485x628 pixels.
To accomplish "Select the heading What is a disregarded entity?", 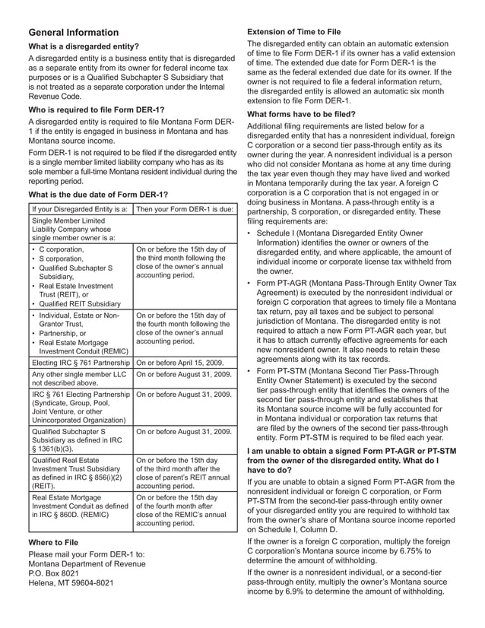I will point(84,47).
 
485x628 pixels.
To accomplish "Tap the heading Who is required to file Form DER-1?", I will point(99,109).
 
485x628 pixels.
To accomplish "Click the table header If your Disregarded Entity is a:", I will point(79,208).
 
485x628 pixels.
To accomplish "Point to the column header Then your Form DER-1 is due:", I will point(183,208).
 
